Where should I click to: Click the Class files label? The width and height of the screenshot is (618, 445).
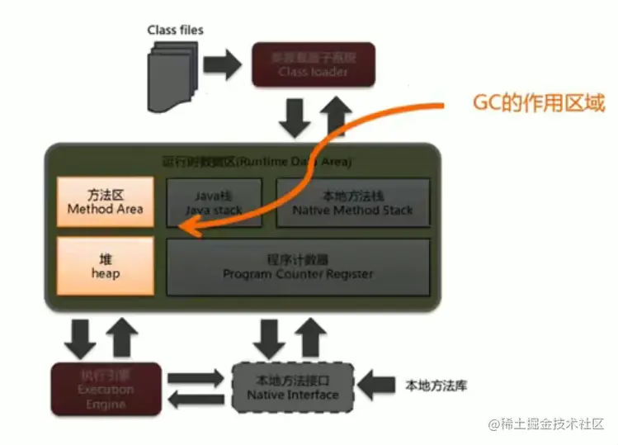click(175, 30)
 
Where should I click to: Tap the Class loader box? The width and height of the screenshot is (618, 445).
click(313, 64)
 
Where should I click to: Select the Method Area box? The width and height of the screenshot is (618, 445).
click(105, 202)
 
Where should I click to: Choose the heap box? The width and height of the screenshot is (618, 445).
click(105, 266)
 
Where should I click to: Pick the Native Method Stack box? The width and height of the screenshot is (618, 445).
click(352, 202)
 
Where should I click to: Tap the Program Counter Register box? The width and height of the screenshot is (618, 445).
click(298, 267)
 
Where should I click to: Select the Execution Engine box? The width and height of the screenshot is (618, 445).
click(106, 389)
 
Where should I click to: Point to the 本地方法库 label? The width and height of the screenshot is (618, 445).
click(436, 386)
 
